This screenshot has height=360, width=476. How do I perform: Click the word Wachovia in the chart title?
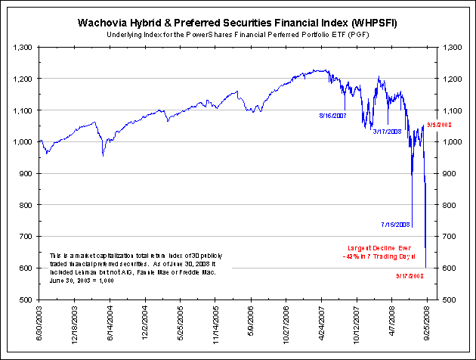[102, 22]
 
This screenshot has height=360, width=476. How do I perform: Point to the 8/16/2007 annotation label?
[332, 116]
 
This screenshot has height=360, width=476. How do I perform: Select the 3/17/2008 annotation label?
[388, 131]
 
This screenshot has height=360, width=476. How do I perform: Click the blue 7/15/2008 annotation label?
[396, 225]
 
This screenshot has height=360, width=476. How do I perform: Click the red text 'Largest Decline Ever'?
[379, 247]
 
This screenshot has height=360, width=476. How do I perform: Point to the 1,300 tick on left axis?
[23, 47]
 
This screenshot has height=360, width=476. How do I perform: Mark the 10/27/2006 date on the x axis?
[286, 321]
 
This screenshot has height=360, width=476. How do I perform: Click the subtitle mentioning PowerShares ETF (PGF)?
[238, 35]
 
